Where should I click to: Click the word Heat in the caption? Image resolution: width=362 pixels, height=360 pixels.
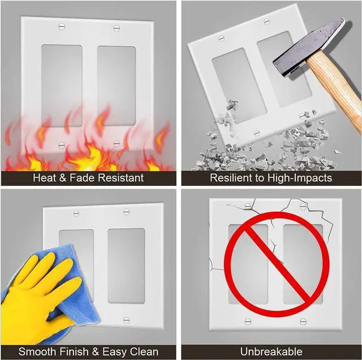pyautogui.click(x=45, y=178)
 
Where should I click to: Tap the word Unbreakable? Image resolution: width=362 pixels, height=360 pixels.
pyautogui.click(x=271, y=352)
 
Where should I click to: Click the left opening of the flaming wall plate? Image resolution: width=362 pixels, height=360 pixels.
pyautogui.click(x=62, y=85)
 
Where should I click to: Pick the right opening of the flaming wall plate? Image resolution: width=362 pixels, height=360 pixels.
pyautogui.click(x=116, y=85)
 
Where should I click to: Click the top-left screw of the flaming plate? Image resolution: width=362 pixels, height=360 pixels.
pyautogui.click(x=62, y=26)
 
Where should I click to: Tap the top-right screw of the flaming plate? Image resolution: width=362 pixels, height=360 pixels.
pyautogui.click(x=117, y=27)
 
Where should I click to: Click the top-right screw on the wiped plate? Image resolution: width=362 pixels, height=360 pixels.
pyautogui.click(x=126, y=212)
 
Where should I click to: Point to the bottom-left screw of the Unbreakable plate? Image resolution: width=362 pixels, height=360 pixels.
pyautogui.click(x=247, y=322)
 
